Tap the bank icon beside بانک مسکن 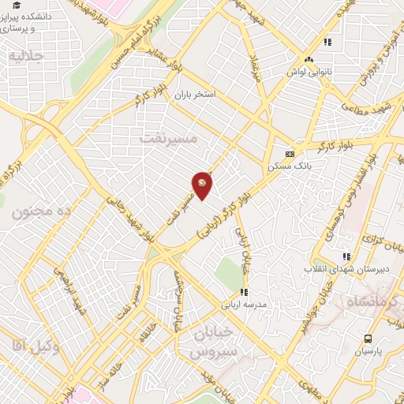click(290, 154)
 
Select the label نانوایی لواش click(309, 72)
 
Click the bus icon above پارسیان click(368, 339)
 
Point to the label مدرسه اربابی click(245, 304)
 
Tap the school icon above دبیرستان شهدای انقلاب click(346, 256)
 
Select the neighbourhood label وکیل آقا click(28, 343)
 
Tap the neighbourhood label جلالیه click(24, 55)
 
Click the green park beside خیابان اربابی click(229, 274)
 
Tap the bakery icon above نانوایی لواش click(309, 59)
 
